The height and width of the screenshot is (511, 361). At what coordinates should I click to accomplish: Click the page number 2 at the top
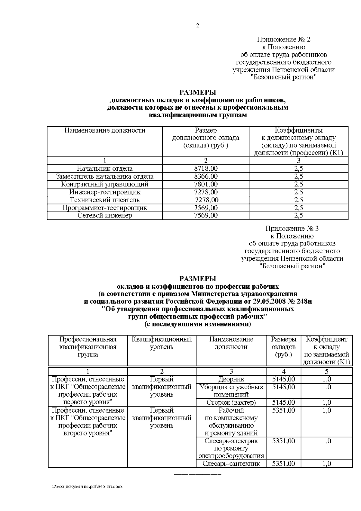coord(198,26)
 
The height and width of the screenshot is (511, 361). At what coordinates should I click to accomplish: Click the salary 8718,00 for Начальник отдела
coord(206,169)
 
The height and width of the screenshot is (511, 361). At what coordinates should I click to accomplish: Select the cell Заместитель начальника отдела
coord(105,176)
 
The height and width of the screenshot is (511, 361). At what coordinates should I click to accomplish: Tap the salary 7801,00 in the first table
coord(206,184)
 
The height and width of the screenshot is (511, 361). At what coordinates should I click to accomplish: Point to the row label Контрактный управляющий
coord(105,184)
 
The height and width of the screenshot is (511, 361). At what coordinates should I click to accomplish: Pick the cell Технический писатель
coord(105,200)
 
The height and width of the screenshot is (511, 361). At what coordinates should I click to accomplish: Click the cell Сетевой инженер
coord(105,216)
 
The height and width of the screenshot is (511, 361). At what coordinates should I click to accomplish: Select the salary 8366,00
coord(206,176)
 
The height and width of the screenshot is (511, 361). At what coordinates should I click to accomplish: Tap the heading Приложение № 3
coord(292,228)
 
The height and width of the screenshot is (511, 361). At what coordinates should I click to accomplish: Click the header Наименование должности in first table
coord(105,130)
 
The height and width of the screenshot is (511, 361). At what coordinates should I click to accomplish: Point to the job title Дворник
coord(231,379)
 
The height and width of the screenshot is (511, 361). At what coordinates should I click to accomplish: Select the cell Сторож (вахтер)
coord(231,402)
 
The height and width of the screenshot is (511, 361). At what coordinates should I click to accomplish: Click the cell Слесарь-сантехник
coord(231,464)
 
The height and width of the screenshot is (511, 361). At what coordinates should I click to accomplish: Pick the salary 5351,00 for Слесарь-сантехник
coord(283,464)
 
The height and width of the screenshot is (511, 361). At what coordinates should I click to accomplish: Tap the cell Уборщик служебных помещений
coord(231,391)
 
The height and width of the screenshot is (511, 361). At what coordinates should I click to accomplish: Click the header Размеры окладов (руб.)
coord(283,347)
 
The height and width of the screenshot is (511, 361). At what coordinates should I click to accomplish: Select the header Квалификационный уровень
coord(162,343)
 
